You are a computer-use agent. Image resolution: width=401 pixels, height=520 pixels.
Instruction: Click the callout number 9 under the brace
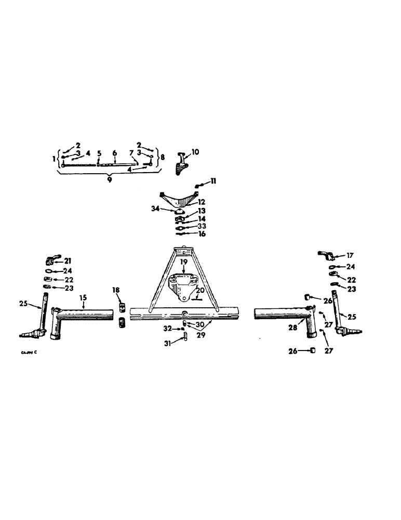click(108, 179)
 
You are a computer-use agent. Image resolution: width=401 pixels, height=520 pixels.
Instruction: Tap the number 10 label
click(195, 152)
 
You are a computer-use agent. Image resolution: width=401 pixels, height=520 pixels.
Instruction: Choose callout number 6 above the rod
click(114, 153)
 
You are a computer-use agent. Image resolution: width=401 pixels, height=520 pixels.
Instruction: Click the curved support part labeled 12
click(179, 198)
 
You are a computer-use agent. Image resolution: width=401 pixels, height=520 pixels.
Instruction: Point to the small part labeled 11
click(198, 185)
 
